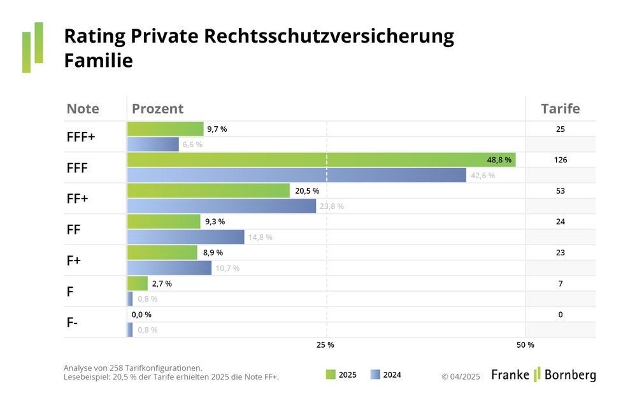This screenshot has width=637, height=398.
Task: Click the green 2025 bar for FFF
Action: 321,160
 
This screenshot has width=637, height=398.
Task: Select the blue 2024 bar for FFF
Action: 297,175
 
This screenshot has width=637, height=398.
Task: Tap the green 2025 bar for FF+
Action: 208,191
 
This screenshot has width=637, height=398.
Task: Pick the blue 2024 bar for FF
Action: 185,237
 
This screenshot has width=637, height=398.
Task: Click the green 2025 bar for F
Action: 138,283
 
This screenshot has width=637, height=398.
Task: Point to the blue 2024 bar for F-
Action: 130,330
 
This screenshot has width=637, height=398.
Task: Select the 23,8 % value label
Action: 331,206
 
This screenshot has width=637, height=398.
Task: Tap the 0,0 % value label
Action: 141,315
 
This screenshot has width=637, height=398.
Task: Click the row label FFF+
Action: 80,137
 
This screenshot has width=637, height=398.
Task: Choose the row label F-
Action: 73,322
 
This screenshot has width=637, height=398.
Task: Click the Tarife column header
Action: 560,109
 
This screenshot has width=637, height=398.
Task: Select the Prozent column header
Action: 157,109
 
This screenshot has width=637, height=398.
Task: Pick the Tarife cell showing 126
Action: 560,160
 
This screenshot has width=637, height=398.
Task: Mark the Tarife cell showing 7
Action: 560,283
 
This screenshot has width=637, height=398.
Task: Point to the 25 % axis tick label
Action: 326,345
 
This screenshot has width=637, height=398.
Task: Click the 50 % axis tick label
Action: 526,345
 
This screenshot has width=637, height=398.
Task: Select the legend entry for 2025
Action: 341,374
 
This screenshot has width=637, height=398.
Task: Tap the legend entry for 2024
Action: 386,374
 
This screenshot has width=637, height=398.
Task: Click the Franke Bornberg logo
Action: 543,374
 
